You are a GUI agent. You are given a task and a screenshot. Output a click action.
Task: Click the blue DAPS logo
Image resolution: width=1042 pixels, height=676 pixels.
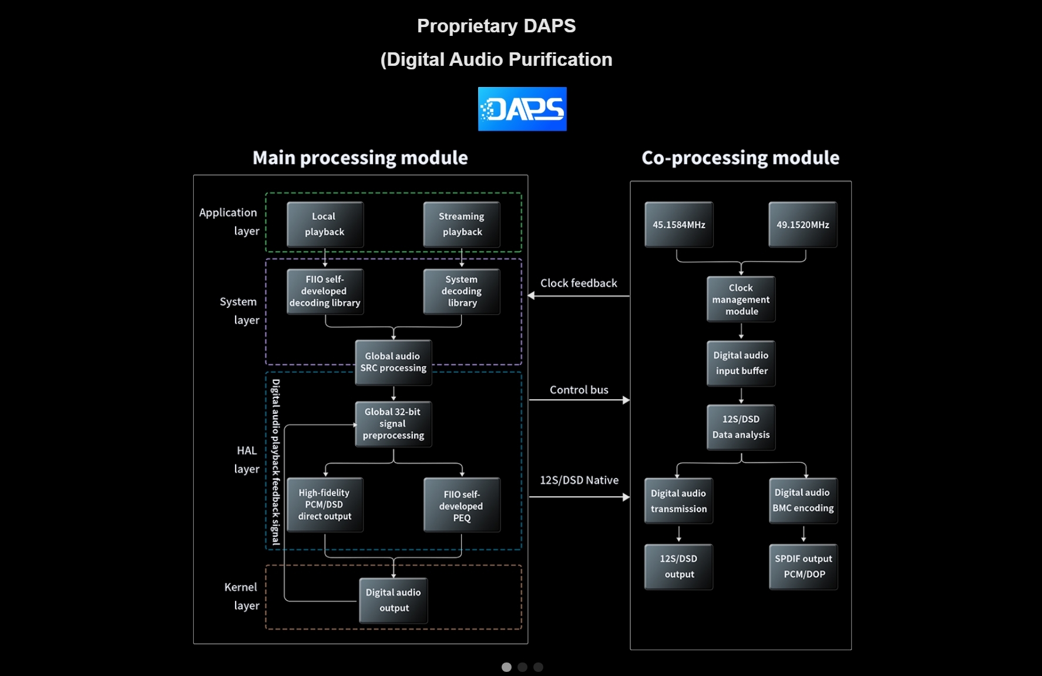click(x=522, y=109)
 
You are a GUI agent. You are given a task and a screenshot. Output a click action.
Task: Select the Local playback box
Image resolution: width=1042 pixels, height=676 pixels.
click(x=325, y=224)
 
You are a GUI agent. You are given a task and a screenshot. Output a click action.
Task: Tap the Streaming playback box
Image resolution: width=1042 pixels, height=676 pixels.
click(x=462, y=224)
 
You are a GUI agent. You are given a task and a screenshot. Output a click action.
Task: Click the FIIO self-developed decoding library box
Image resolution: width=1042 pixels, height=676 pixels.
click(x=325, y=291)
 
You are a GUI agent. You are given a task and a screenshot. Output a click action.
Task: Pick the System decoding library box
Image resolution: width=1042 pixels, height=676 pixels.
click(x=462, y=291)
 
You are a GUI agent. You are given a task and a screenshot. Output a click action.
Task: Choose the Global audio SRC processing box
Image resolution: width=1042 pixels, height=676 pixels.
click(x=394, y=362)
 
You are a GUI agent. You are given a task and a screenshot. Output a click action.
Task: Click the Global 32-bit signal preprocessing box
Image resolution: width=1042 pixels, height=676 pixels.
click(x=394, y=424)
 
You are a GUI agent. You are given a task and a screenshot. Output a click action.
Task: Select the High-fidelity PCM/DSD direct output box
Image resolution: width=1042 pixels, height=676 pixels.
click(x=325, y=504)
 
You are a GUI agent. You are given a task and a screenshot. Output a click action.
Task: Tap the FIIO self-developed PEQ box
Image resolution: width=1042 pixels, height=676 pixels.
click(x=462, y=504)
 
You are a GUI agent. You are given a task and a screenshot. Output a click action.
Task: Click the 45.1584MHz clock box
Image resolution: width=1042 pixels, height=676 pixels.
click(x=679, y=225)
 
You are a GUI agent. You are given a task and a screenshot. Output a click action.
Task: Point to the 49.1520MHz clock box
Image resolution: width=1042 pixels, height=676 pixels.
click(x=803, y=225)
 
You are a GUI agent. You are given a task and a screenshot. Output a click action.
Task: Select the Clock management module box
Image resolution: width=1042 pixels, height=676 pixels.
click(x=741, y=299)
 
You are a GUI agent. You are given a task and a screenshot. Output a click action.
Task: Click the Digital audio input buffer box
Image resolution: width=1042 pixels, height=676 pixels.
click(x=741, y=363)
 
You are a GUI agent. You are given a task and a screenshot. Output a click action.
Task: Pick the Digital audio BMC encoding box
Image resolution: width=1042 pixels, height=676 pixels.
click(x=803, y=500)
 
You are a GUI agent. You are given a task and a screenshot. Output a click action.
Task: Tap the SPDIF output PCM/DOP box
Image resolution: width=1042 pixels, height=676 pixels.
click(x=803, y=567)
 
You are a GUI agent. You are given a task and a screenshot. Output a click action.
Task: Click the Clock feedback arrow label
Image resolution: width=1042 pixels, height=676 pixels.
click(x=579, y=283)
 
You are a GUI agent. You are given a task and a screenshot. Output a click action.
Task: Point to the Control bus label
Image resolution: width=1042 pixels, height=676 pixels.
click(x=579, y=390)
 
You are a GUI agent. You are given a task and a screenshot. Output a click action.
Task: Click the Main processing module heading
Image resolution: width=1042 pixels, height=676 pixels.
click(x=360, y=158)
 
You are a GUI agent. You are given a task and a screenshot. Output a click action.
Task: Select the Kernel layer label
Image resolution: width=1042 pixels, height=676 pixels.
click(x=241, y=596)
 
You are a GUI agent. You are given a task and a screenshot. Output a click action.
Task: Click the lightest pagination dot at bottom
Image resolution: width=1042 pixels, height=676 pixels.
click(x=506, y=667)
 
